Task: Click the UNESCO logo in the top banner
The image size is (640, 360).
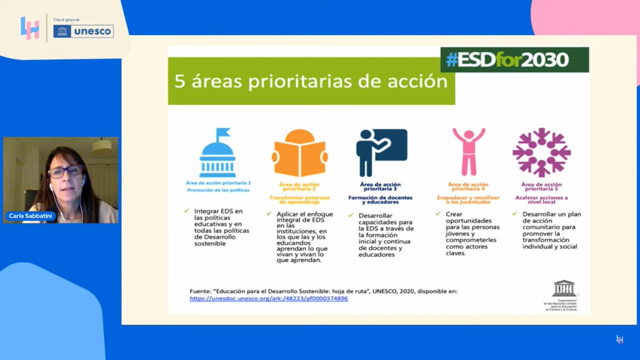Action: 83,31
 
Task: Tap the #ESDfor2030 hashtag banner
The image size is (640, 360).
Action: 514,60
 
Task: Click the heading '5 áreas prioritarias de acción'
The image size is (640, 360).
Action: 311,82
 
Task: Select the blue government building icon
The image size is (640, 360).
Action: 217,153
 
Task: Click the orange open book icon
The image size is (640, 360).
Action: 299,154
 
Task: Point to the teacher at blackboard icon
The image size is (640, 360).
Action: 381,152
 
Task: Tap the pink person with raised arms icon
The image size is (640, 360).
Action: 469,151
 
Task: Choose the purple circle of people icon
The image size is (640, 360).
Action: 541,153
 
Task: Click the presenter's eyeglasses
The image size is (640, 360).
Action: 65,171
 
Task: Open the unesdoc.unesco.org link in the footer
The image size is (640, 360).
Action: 269,299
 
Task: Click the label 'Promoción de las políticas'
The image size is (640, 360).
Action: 217,190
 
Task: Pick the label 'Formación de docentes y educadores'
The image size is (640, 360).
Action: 381,200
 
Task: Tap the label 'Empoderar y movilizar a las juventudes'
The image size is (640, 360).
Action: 468,200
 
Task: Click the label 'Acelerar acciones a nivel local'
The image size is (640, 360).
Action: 541,200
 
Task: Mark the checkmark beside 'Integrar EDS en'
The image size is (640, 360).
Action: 187,211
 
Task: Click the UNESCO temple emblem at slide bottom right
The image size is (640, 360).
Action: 564,289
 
